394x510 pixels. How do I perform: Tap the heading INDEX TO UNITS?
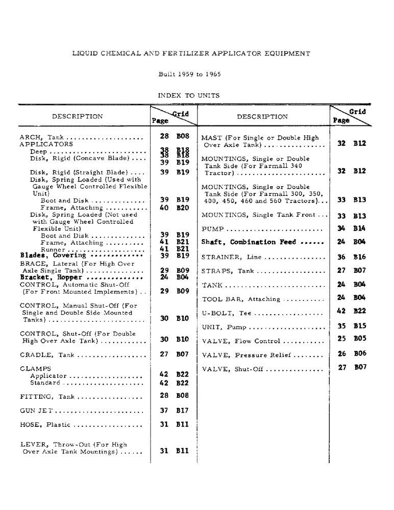click(189, 95)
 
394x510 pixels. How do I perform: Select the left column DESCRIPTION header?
click(77, 116)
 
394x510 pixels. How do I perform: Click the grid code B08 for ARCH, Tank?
click(183, 137)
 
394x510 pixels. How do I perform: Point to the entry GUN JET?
click(37, 411)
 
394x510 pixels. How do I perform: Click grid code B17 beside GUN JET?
click(183, 410)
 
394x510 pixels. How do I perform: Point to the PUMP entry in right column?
click(212, 229)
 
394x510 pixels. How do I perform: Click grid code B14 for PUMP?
click(359, 228)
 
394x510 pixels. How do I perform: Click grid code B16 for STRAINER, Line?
click(359, 257)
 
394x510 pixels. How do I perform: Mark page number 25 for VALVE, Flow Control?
click(342, 338)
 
